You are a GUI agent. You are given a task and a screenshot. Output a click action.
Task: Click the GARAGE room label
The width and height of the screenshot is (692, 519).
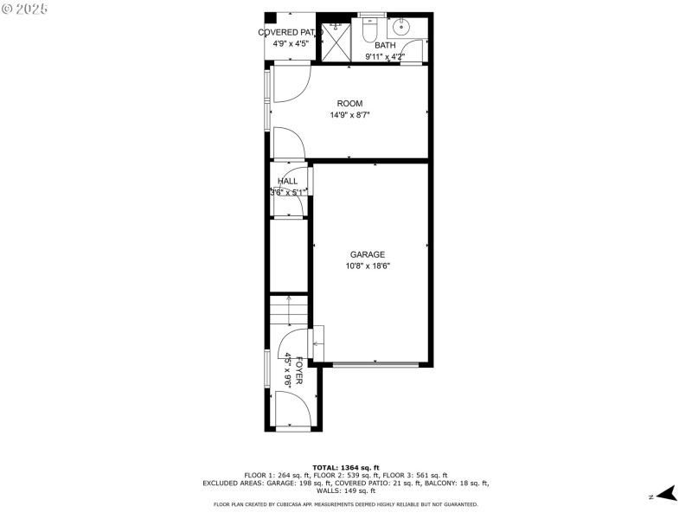click(367, 254)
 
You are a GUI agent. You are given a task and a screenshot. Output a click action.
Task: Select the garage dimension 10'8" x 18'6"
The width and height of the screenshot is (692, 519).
click(367, 266)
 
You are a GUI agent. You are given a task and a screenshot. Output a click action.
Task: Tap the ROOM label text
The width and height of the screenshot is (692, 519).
click(349, 104)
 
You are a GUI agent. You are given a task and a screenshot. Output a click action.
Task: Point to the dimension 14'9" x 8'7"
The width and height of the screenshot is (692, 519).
click(349, 115)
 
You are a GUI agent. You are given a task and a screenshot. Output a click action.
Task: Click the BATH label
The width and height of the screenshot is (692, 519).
click(385, 45)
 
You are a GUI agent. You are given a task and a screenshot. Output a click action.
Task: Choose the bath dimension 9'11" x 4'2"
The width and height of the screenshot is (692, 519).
click(384, 57)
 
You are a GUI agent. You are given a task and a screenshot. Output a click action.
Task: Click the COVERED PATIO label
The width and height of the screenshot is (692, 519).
click(290, 33)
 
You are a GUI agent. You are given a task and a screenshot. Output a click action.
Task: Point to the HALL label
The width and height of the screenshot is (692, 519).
click(287, 182)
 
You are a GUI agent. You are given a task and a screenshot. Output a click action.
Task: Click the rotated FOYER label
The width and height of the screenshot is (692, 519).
click(299, 369)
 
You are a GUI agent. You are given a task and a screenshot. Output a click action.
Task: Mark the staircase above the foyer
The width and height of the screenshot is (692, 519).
click(289, 309)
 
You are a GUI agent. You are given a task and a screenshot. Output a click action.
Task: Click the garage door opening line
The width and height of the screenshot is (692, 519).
click(374, 365)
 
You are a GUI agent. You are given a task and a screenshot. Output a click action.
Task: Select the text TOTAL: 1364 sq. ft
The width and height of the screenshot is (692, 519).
click(345, 467)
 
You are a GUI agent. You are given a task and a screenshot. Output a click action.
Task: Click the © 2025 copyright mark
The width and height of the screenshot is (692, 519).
click(26, 8)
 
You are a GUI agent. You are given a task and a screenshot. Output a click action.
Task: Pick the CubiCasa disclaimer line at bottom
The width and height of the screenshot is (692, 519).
click(345, 504)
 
